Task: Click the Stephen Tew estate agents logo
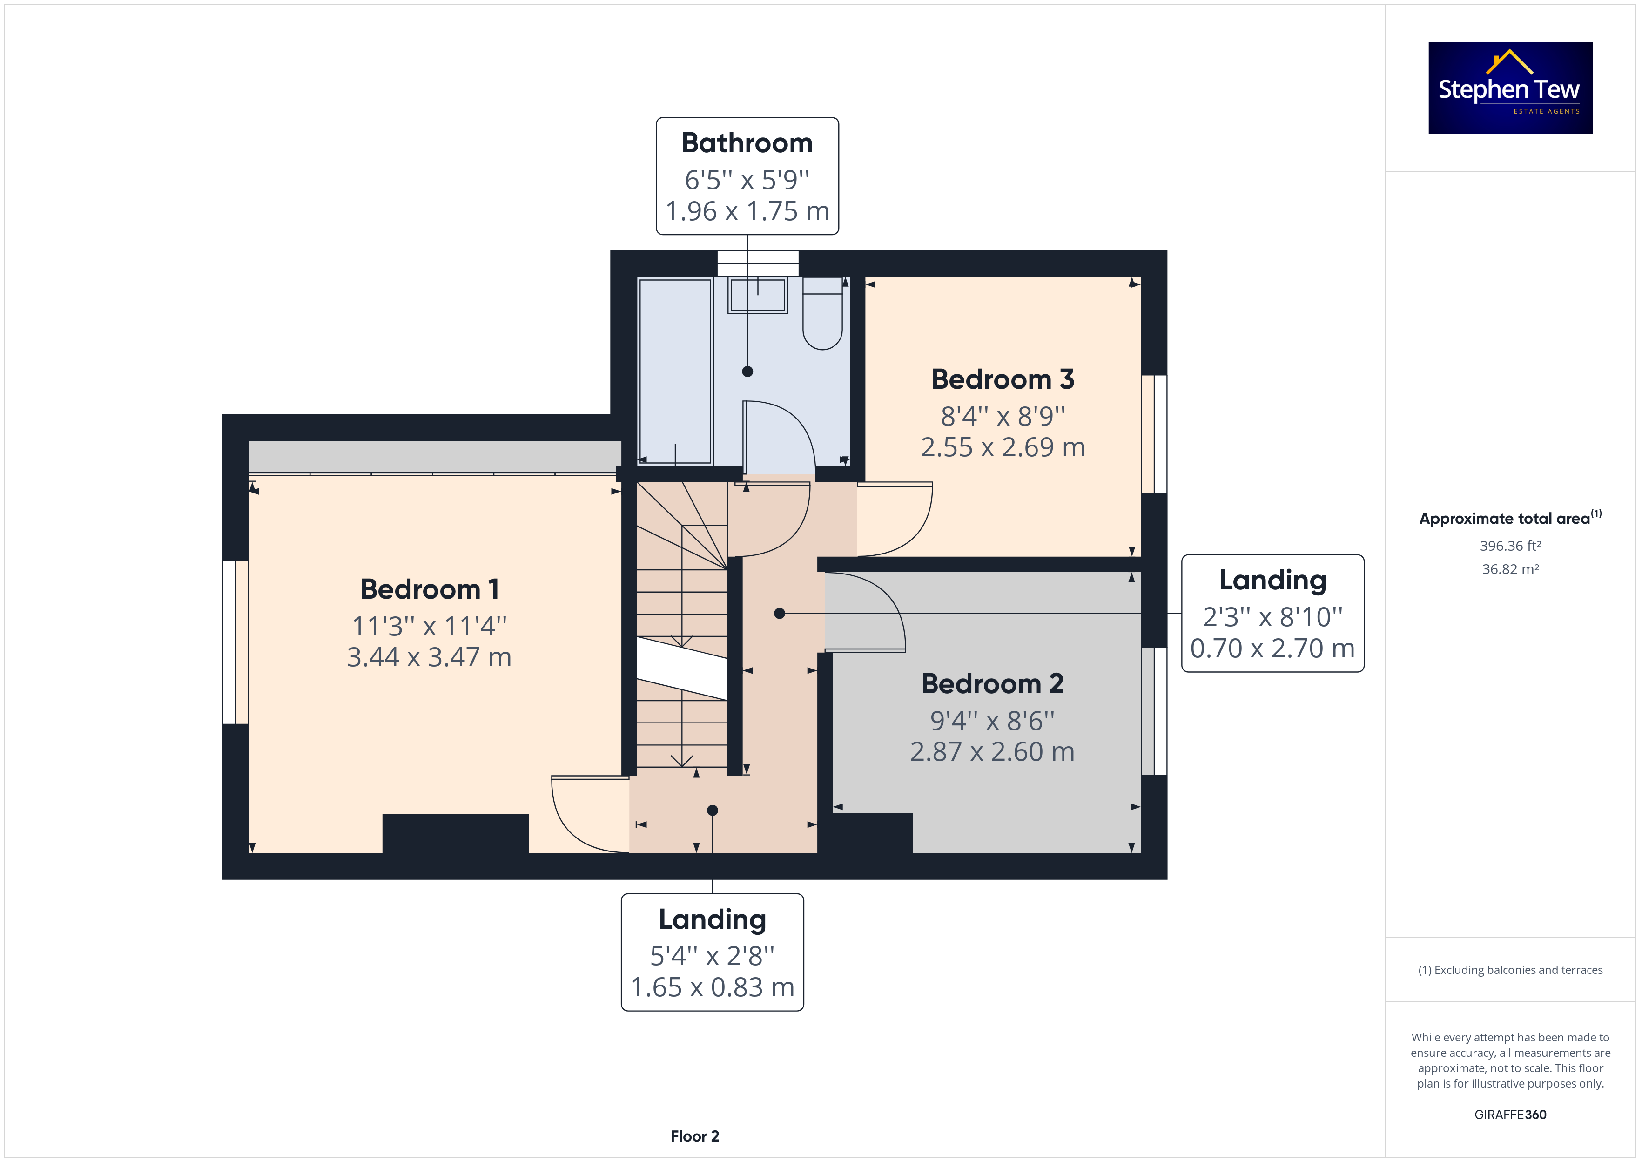coord(1510,88)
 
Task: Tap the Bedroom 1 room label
coord(429,589)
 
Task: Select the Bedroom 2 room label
coord(992,684)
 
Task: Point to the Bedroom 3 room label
coord(1003,379)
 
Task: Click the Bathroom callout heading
coord(747,143)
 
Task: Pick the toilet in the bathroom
coord(822,313)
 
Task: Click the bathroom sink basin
coord(757,295)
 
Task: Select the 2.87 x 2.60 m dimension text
coord(992,752)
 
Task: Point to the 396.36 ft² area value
coord(1510,546)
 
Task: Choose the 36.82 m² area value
coord(1510,569)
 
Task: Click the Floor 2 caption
coord(694,1136)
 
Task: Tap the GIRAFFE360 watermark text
coord(1510,1115)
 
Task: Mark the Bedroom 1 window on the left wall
coord(236,642)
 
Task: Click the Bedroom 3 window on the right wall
coord(1154,434)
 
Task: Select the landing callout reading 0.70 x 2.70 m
coord(1272,613)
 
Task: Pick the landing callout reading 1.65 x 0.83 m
coord(712,953)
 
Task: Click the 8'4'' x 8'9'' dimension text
coord(1003,416)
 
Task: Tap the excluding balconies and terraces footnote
coord(1510,970)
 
